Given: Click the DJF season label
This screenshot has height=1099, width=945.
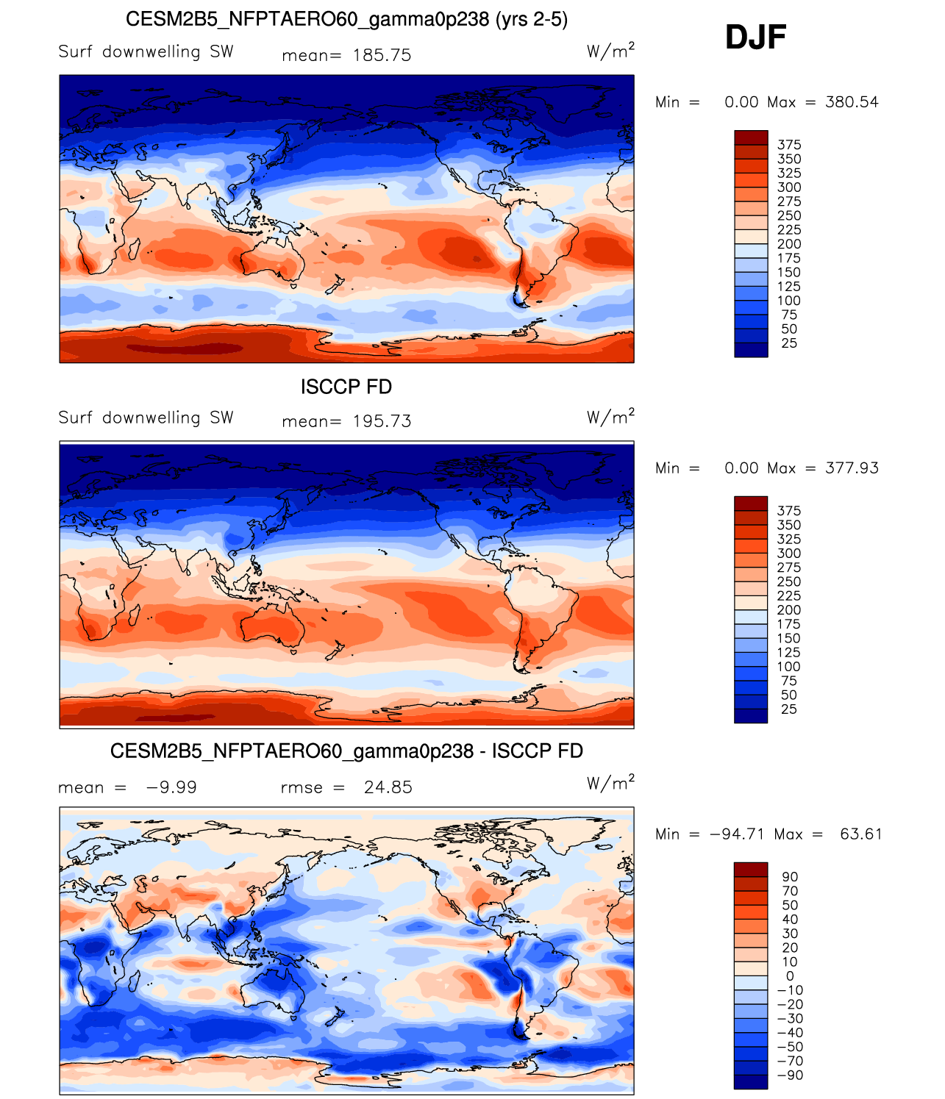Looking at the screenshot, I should pyautogui.click(x=755, y=37).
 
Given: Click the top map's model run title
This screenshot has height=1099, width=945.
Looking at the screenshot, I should pyautogui.click(x=346, y=19).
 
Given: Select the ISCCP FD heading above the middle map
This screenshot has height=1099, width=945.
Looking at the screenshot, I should pyautogui.click(x=346, y=387).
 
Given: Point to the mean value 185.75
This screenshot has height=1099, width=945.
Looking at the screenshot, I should pyautogui.click(x=382, y=55).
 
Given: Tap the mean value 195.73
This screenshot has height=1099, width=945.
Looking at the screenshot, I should pyautogui.click(x=382, y=421).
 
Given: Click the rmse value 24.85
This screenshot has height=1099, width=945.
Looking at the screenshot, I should pyautogui.click(x=388, y=787).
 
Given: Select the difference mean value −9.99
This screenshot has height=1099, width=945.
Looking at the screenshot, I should pyautogui.click(x=171, y=787).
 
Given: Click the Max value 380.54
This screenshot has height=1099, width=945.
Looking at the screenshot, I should pyautogui.click(x=852, y=102).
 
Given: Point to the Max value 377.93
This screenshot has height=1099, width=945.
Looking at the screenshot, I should pyautogui.click(x=852, y=468).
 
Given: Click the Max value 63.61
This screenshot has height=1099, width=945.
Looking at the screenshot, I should pyautogui.click(x=860, y=834).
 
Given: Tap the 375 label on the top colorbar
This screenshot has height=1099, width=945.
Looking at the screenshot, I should pyautogui.click(x=789, y=145).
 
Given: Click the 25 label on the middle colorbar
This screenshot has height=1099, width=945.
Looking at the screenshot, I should pyautogui.click(x=789, y=709).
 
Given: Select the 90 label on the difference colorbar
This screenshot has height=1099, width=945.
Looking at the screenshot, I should pyautogui.click(x=790, y=877).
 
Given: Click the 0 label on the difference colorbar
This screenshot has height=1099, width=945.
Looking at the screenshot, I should pyautogui.click(x=790, y=976).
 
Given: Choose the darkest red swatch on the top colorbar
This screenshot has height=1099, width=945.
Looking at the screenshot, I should pyautogui.click(x=751, y=137).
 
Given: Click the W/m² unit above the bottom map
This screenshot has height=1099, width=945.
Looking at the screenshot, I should pyautogui.click(x=610, y=784).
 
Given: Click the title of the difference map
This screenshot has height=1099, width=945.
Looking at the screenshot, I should pyautogui.click(x=346, y=751).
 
